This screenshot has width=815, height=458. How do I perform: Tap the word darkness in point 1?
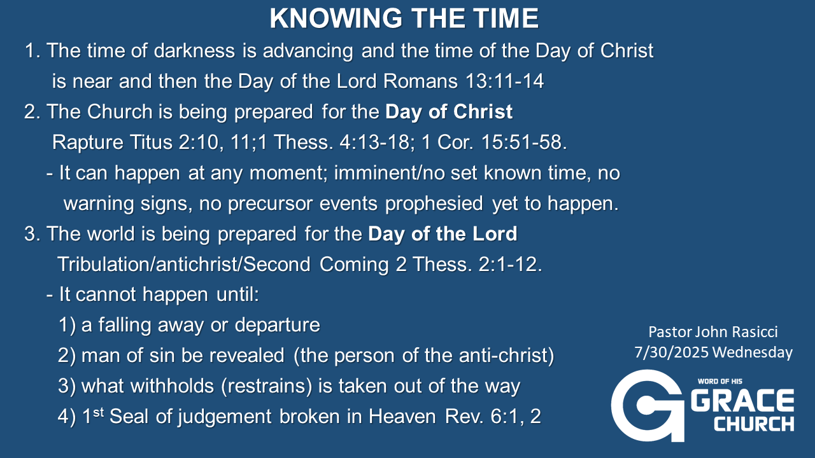(194, 50)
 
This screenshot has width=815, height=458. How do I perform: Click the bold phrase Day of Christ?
(449, 111)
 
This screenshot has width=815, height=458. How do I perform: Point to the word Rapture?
(87, 142)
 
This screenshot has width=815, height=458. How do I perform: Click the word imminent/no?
(389, 172)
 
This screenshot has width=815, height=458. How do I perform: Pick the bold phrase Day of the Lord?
(443, 233)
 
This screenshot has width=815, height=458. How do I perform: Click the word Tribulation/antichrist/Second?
(184, 264)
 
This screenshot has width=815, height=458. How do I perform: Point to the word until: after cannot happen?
(237, 294)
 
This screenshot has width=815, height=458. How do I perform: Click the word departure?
(277, 325)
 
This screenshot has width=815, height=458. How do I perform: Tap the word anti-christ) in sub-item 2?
(506, 355)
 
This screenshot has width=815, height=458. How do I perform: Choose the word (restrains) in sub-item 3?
(267, 385)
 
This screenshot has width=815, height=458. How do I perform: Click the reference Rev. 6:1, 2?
(493, 416)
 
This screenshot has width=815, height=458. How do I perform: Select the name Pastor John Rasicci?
(713, 332)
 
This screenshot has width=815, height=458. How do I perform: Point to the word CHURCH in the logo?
(754, 424)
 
